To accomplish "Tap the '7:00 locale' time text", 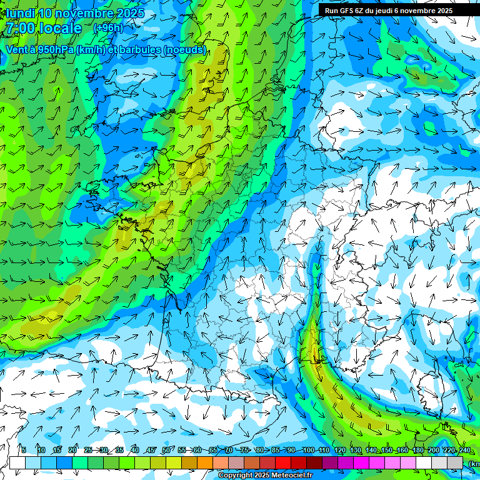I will [43, 28].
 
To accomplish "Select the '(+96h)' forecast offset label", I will [108, 28].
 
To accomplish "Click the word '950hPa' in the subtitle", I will [53, 50].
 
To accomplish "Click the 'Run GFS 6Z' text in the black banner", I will [344, 11].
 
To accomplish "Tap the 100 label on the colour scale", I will [308, 451].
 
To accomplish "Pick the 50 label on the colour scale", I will [166, 451].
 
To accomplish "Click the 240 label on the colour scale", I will [464, 451].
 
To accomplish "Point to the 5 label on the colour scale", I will [24, 451].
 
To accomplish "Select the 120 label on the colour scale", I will [339, 451].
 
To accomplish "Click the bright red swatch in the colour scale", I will [283, 462].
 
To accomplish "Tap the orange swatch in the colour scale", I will [205, 462].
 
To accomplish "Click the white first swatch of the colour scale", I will [17, 462].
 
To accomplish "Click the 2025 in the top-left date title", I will [130, 13].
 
